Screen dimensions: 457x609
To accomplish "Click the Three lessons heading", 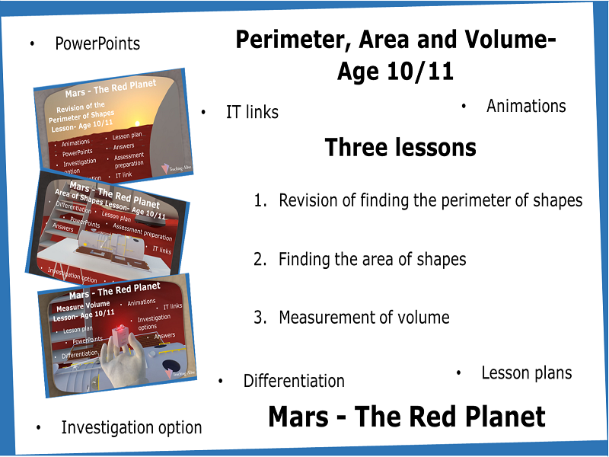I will point(400,147).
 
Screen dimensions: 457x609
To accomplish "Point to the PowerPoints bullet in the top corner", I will point(97,43).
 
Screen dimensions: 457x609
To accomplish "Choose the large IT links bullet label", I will point(252,113).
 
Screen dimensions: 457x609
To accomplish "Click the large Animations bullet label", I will point(526,106).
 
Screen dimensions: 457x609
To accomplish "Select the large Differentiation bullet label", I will point(294,381).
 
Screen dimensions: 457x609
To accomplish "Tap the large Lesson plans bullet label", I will point(526,373).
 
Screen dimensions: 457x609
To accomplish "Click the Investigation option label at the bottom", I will point(131,428).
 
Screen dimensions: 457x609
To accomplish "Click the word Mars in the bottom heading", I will point(300,417).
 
